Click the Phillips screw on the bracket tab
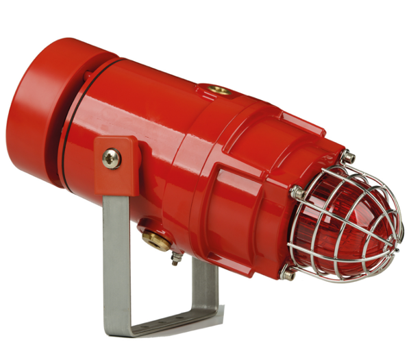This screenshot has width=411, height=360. (x=111, y=158)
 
